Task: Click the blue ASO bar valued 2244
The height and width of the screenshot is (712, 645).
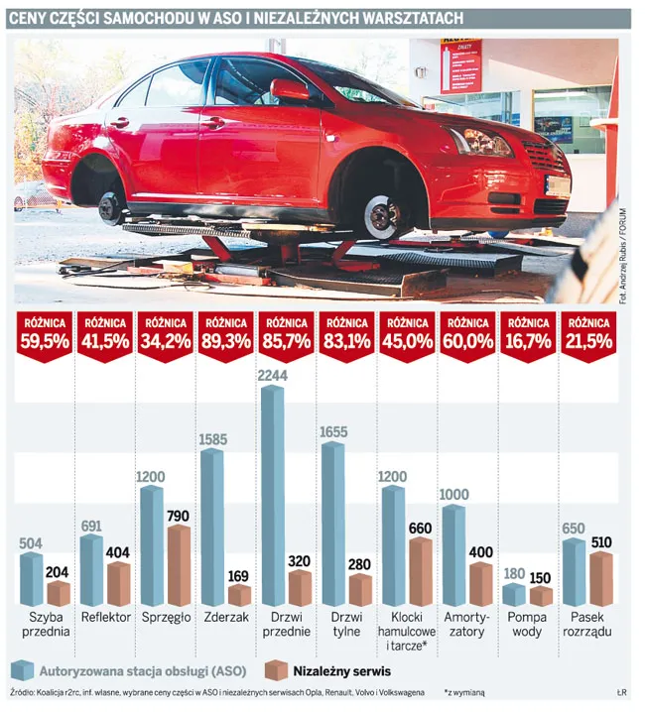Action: click(x=272, y=496)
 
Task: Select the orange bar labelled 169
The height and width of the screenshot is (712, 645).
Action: click(x=239, y=595)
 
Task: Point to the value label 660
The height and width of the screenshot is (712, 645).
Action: click(x=421, y=528)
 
